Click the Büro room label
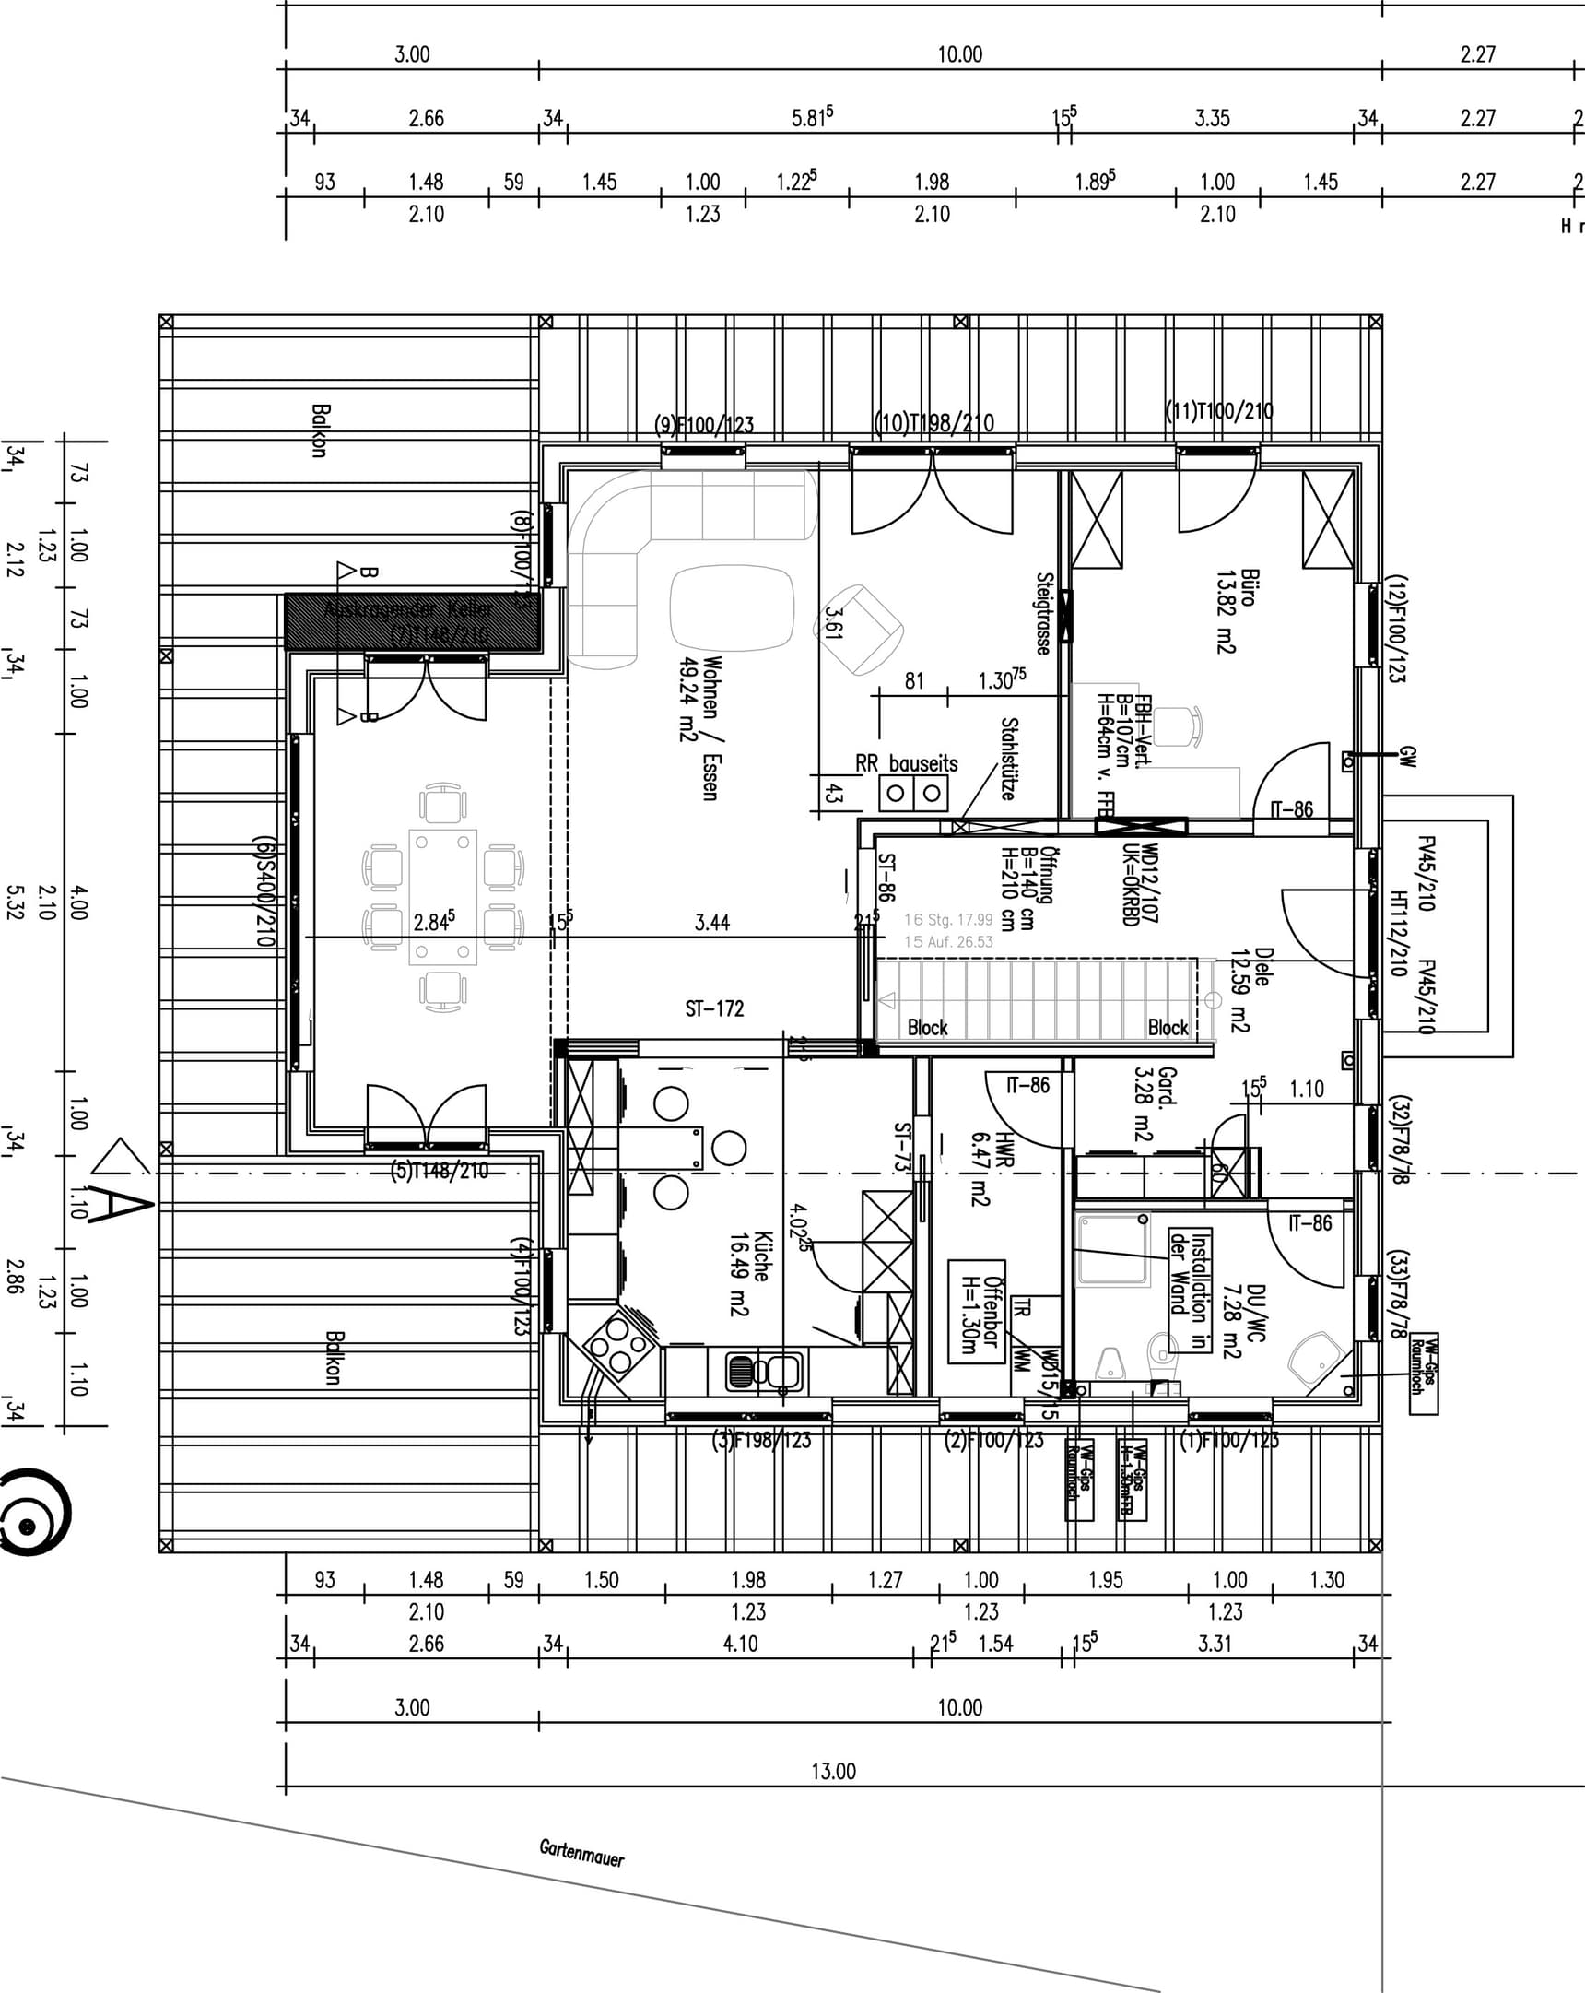point(1237,611)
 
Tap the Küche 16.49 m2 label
point(749,1272)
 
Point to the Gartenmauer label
point(581,1852)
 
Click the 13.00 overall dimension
point(833,1771)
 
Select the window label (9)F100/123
point(704,425)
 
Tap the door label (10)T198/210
point(934,423)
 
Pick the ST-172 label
point(713,1008)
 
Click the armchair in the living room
point(859,630)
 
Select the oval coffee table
point(731,607)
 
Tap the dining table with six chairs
point(442,897)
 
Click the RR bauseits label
point(906,763)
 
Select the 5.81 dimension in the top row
point(812,117)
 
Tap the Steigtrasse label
point(1043,614)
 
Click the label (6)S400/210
point(264,891)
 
